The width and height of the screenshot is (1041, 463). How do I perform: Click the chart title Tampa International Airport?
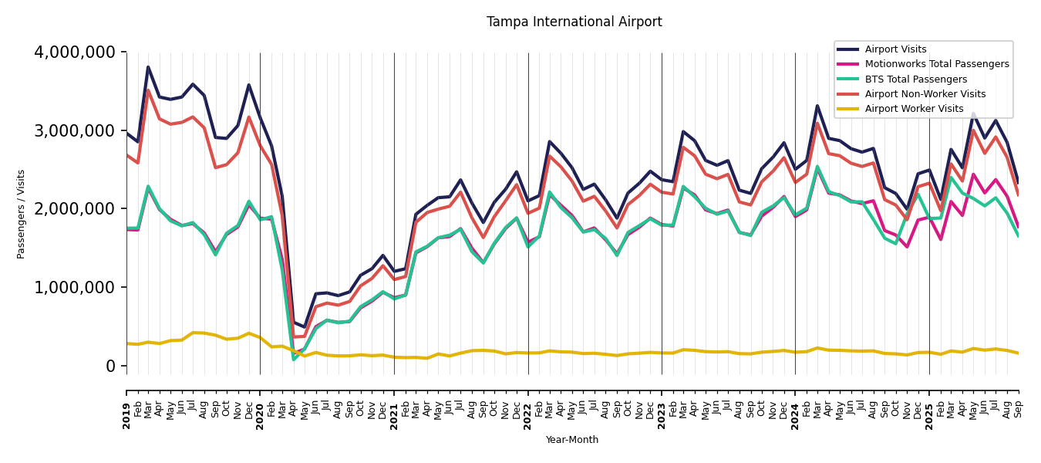tap(574, 22)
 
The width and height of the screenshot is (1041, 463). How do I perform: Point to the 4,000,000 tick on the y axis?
tap(75, 52)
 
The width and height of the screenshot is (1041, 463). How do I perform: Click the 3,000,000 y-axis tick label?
tap(75, 130)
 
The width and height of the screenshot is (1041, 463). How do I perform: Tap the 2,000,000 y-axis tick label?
tap(75, 209)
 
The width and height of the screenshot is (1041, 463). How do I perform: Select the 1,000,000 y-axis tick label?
tap(75, 288)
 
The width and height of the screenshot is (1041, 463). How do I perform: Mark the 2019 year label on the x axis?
tap(127, 404)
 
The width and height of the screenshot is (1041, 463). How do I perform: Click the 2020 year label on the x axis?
tap(261, 404)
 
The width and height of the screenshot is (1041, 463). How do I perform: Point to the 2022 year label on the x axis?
tap(528, 404)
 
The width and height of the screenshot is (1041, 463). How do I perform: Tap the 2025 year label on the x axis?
tap(929, 404)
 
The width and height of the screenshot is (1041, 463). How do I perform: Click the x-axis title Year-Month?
tap(571, 440)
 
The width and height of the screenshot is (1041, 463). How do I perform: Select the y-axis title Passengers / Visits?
tap(22, 214)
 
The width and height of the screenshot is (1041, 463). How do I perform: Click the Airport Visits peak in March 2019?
tap(148, 67)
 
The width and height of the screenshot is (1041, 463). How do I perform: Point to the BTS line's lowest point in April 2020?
tap(294, 360)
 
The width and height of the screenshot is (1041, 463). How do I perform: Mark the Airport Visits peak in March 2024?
tap(817, 106)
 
